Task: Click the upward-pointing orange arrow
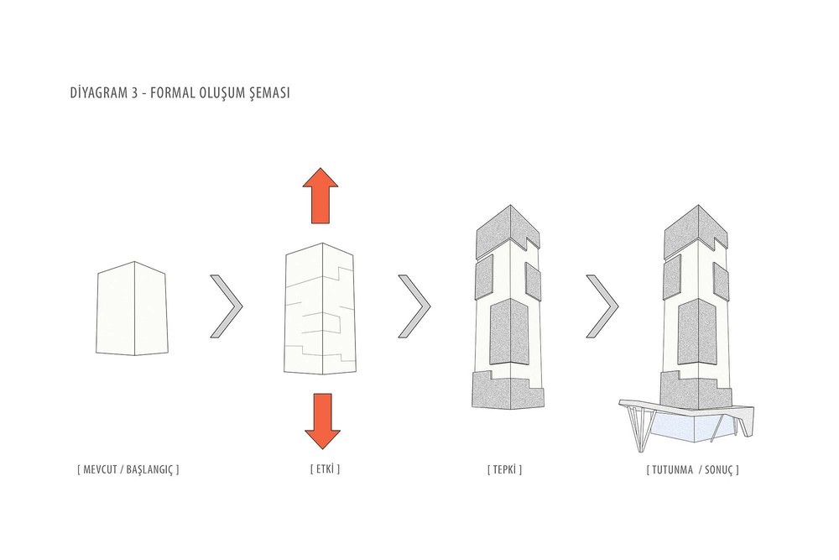(x=320, y=196)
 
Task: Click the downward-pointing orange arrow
(x=323, y=421)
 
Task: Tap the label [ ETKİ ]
(x=325, y=469)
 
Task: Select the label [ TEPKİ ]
(x=504, y=469)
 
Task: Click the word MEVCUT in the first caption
(x=100, y=469)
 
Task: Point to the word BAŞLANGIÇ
(x=150, y=470)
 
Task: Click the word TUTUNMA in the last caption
(x=673, y=470)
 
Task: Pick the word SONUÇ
(x=719, y=470)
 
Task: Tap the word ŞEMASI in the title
(x=269, y=93)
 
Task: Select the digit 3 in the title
(x=133, y=92)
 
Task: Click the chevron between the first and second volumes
(x=227, y=306)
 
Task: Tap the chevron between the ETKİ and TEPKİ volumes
(x=415, y=306)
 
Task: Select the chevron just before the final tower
(x=603, y=306)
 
